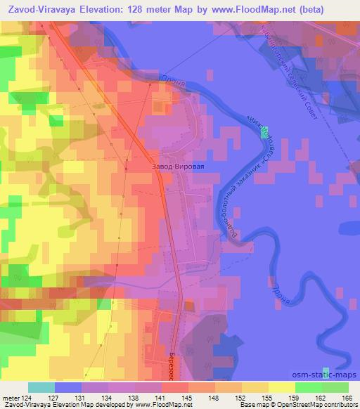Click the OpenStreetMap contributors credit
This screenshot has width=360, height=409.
(x=316, y=405)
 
